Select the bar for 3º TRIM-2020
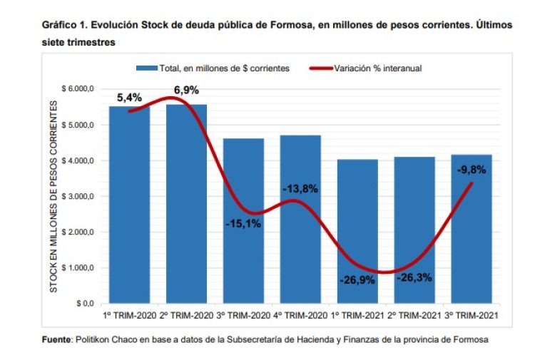(x=244, y=235)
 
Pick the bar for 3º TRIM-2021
(x=472, y=242)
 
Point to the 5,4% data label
(x=129, y=97)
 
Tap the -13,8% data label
(x=300, y=189)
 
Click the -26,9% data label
(x=357, y=280)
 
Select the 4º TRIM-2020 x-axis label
(x=300, y=315)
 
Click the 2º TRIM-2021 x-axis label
(x=414, y=315)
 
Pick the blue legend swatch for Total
(x=146, y=68)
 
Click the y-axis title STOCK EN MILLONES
(x=53, y=196)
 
